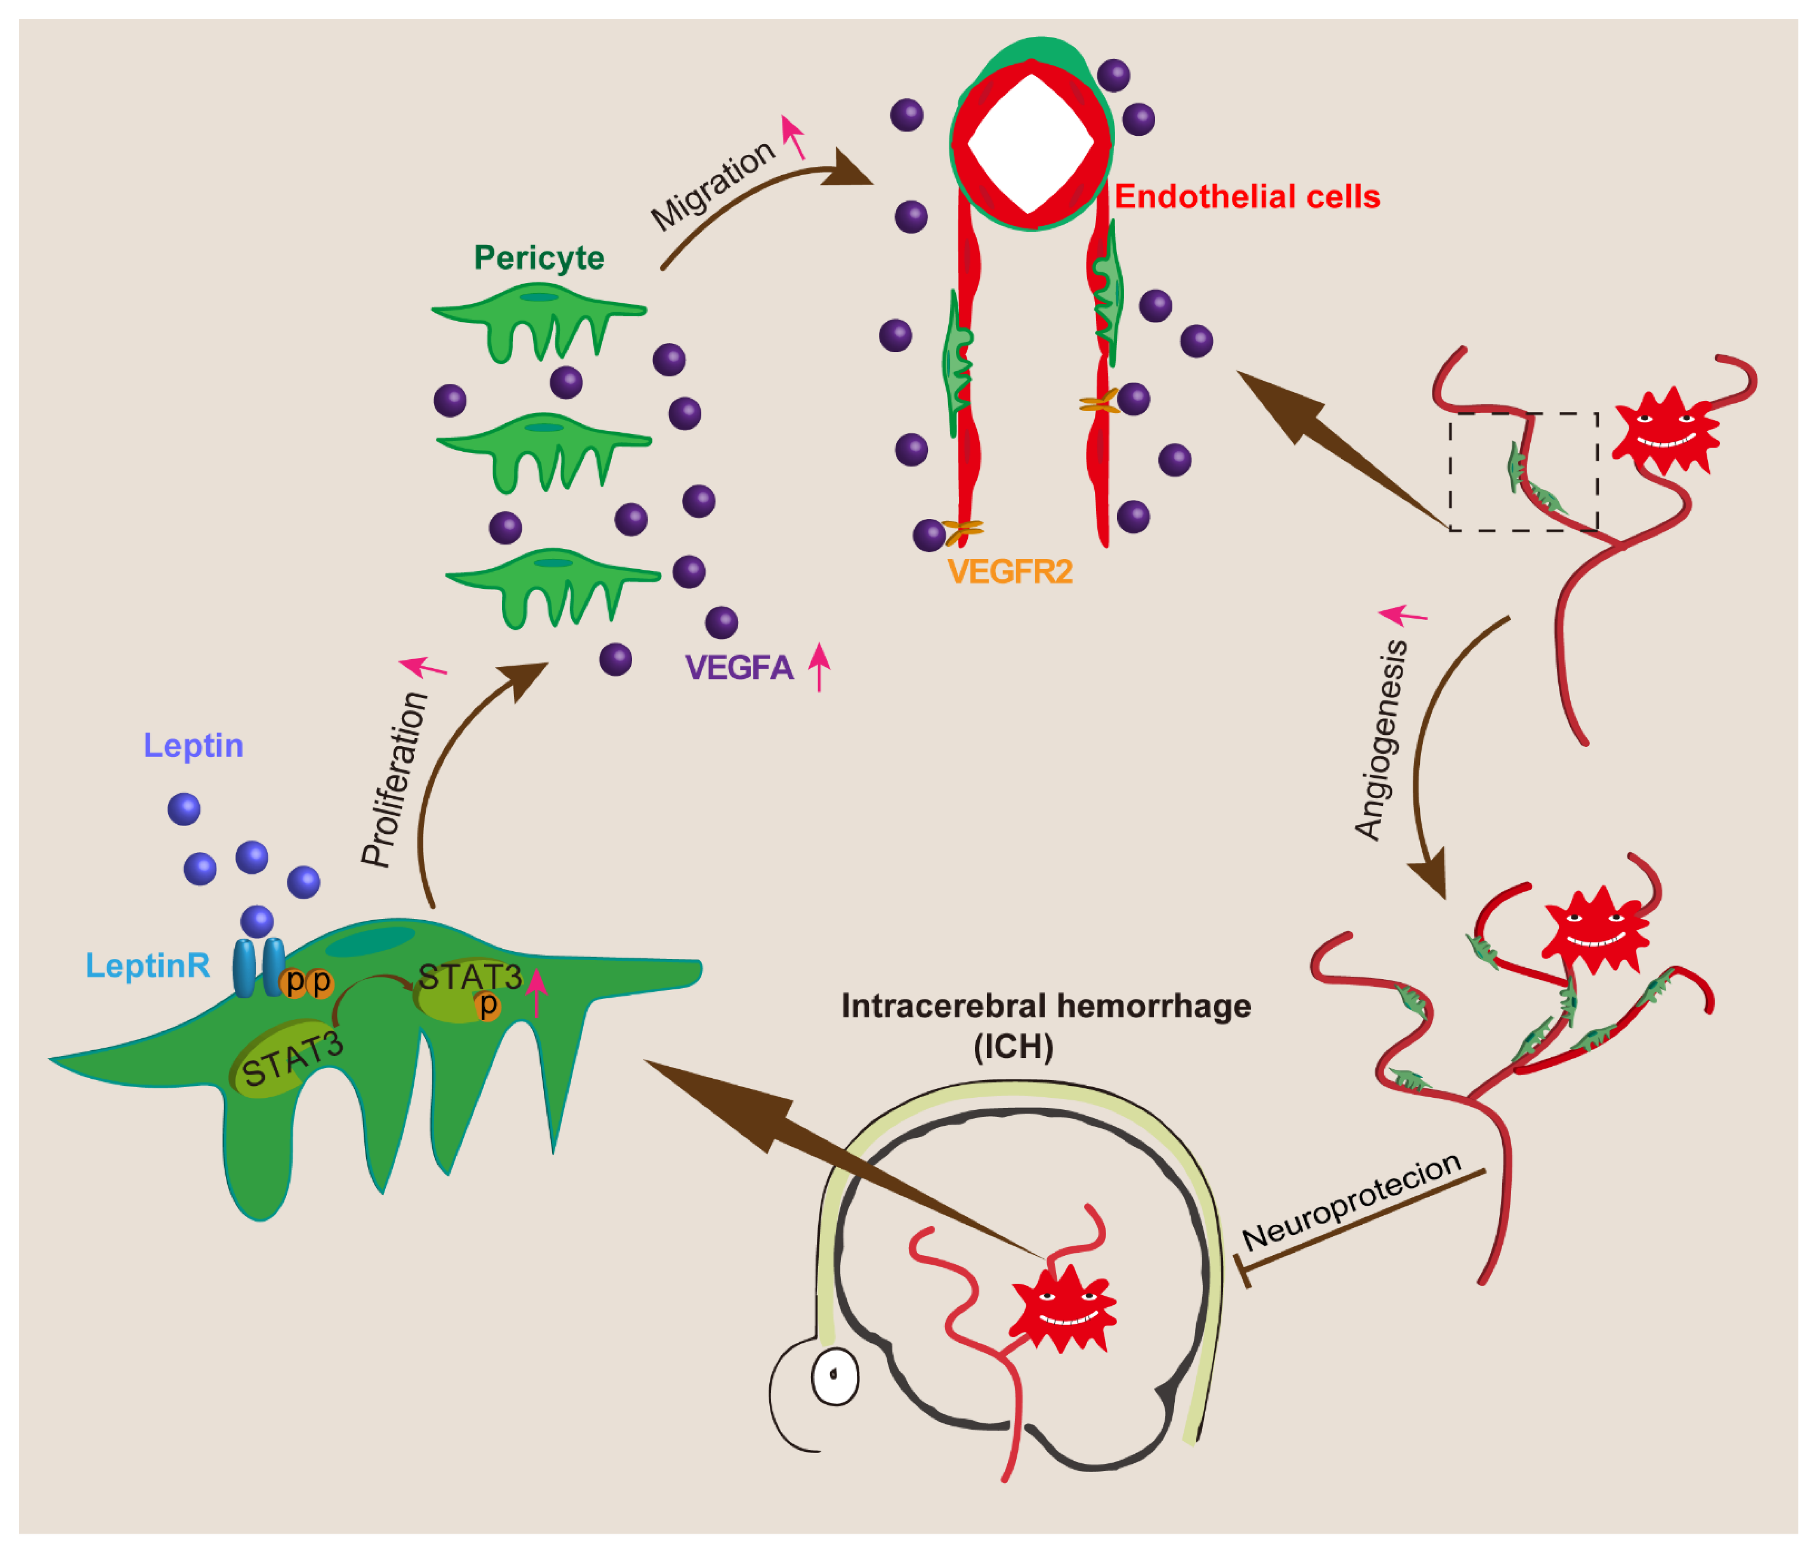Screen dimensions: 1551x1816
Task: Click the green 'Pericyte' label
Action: (x=539, y=257)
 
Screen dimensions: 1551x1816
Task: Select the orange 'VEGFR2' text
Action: (x=1010, y=572)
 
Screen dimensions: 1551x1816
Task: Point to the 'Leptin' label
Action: (x=193, y=746)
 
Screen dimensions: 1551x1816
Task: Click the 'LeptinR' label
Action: (x=147, y=966)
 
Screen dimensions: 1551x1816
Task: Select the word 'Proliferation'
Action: (x=395, y=780)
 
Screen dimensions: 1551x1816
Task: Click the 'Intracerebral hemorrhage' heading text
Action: (x=1046, y=1006)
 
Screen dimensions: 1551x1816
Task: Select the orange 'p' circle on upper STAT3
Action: (x=488, y=1005)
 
